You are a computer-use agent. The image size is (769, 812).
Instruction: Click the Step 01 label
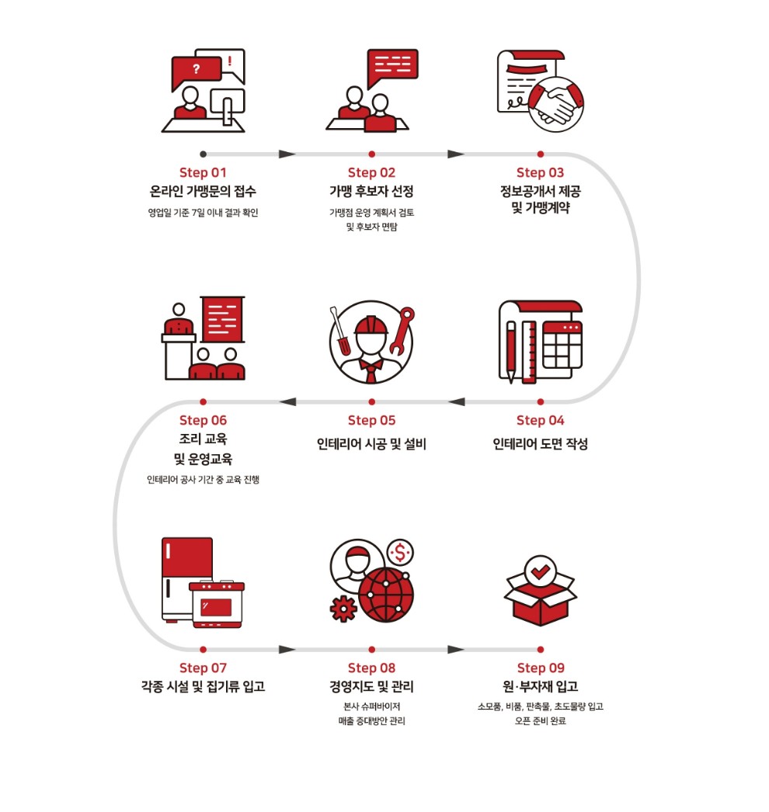203,172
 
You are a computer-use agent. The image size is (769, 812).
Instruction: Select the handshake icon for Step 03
555,105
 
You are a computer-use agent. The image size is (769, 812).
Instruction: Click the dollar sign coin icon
401,552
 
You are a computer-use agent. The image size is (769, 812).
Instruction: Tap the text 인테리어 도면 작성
540,444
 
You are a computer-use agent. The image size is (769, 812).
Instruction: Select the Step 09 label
540,668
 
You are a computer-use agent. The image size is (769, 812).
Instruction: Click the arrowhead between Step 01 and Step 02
287,154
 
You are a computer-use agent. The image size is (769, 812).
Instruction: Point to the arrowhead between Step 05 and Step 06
287,401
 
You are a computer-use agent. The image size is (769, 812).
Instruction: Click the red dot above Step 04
540,401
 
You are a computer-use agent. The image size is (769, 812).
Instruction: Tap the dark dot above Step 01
203,154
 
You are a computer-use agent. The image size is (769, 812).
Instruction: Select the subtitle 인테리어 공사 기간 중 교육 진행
203,480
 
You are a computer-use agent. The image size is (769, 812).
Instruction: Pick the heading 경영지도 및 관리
371,687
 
